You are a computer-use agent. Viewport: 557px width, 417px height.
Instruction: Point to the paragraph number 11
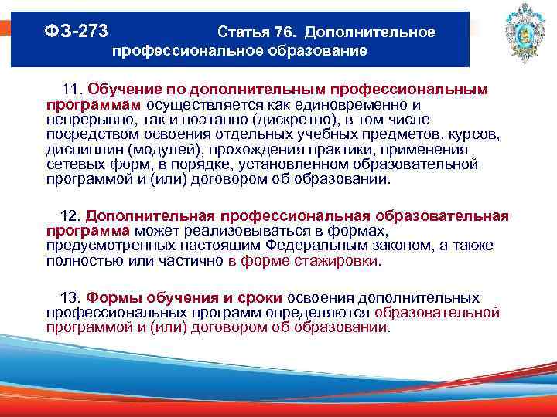click(72, 90)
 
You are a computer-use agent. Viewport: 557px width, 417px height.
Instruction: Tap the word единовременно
click(347, 105)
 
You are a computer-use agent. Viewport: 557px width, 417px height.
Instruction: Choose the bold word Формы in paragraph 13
click(111, 298)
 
